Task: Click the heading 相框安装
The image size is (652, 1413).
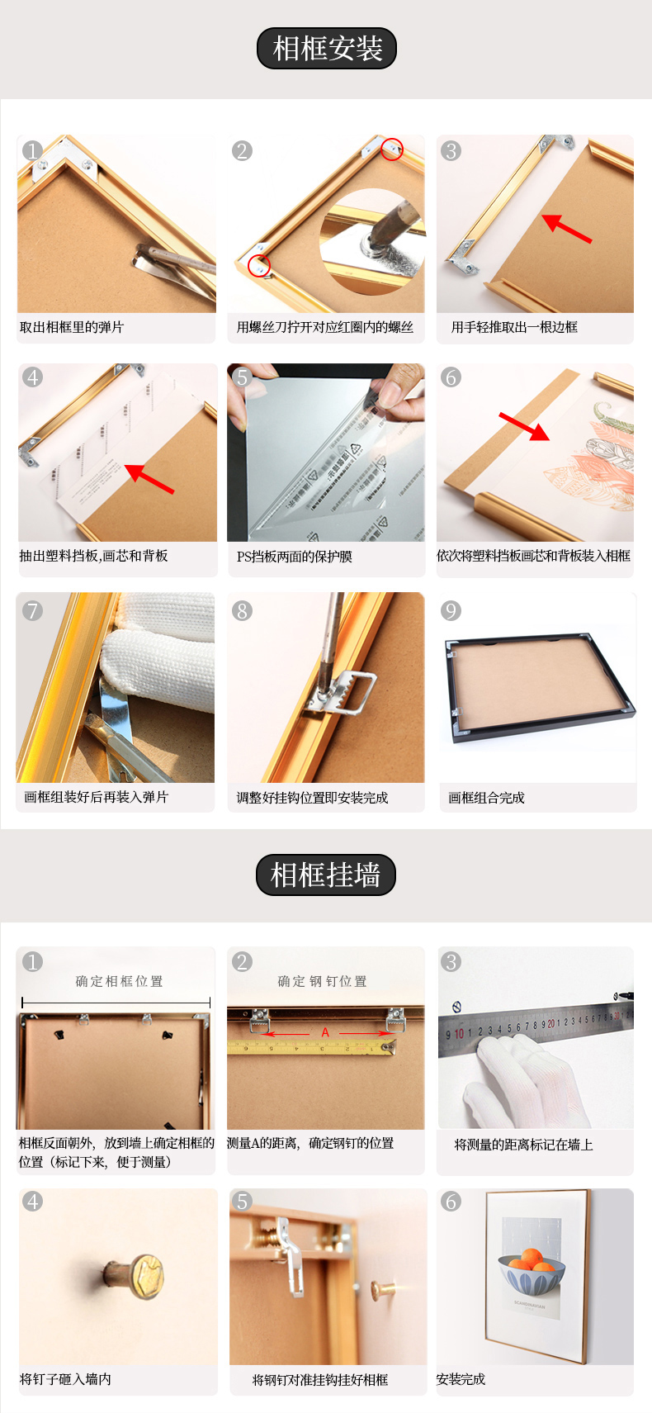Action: pyautogui.click(x=327, y=49)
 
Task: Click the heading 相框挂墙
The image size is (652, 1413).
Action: pyautogui.click(x=325, y=875)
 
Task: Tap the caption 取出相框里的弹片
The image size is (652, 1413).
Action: pyautogui.click(x=72, y=327)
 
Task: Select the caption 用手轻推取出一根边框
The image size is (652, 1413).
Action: pyautogui.click(x=514, y=327)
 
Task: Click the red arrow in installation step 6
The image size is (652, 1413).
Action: pyautogui.click(x=525, y=426)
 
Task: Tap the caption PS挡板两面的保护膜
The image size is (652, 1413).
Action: pyautogui.click(x=295, y=557)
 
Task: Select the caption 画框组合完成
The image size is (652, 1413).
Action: pyautogui.click(x=486, y=798)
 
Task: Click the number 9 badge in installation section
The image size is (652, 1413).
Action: pyautogui.click(x=451, y=611)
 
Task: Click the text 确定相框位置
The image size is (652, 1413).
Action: pyautogui.click(x=120, y=981)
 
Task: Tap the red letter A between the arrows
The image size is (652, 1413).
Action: pyautogui.click(x=325, y=1032)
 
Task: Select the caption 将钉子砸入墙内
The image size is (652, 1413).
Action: pyautogui.click(x=65, y=1379)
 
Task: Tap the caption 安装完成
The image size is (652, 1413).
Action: pyautogui.click(x=461, y=1379)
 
